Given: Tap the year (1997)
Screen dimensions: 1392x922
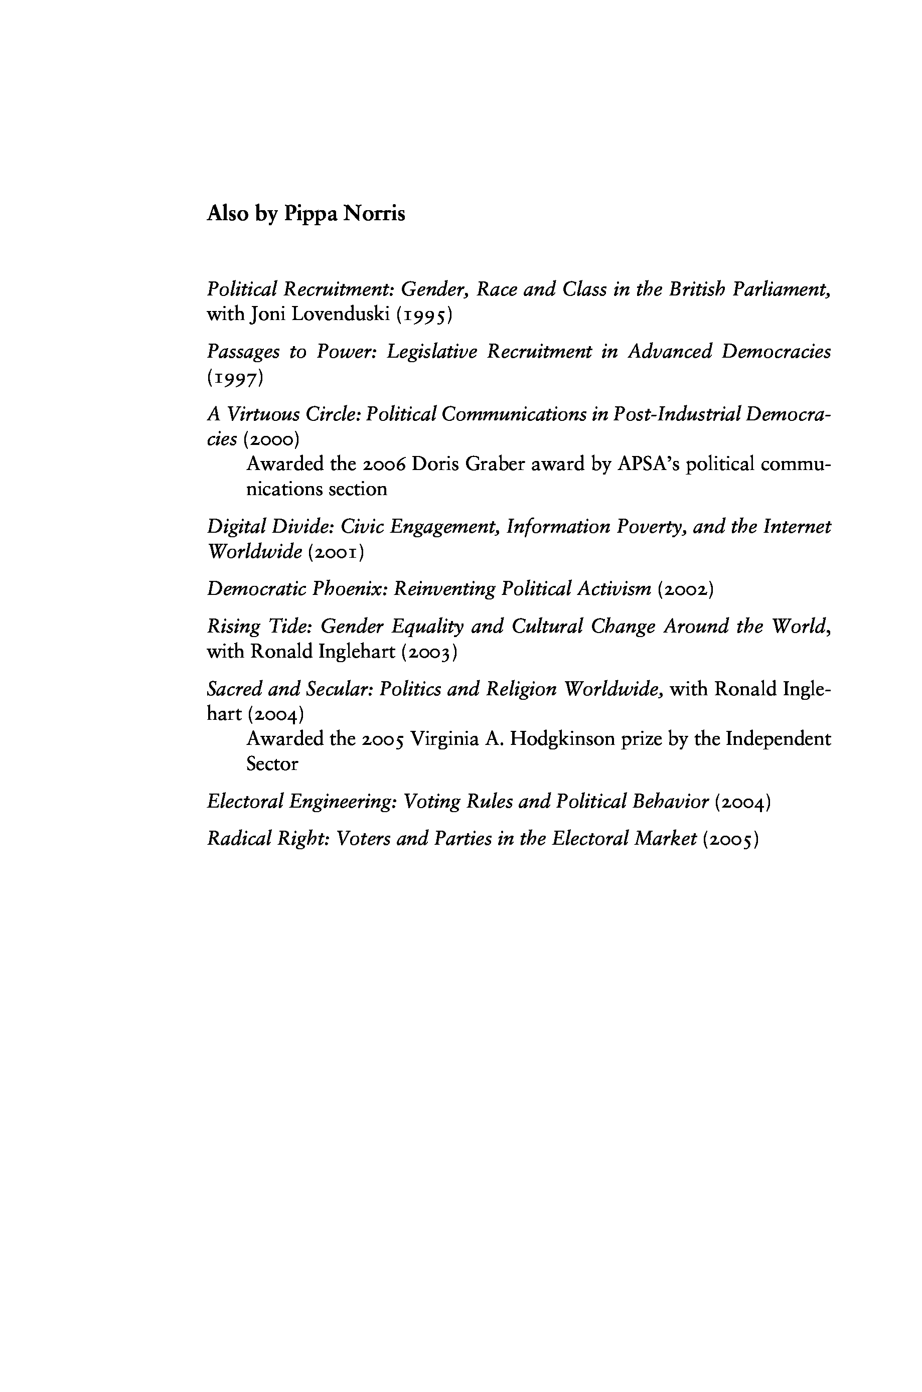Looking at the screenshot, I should pos(235,378).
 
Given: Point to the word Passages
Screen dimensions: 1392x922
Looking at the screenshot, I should pos(243,352).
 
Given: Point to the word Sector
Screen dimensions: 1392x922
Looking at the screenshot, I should pos(272,764).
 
